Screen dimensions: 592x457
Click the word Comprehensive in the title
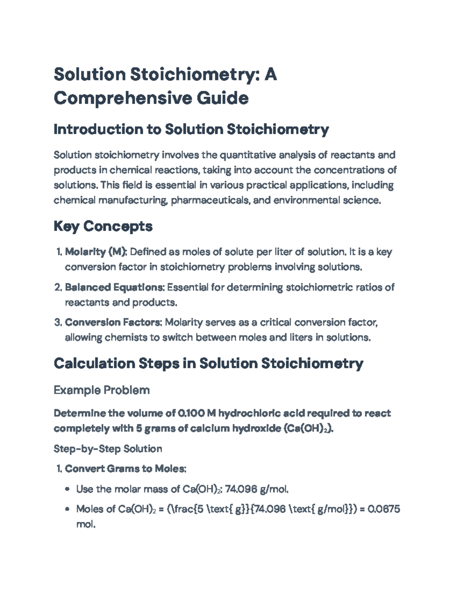pos(122,98)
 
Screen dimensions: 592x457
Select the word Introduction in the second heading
pos(97,130)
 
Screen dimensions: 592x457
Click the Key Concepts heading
pos(103,226)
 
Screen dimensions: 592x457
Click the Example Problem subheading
pos(102,390)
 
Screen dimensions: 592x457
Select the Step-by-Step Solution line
pos(108,449)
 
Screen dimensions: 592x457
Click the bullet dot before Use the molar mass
pos(68,489)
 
